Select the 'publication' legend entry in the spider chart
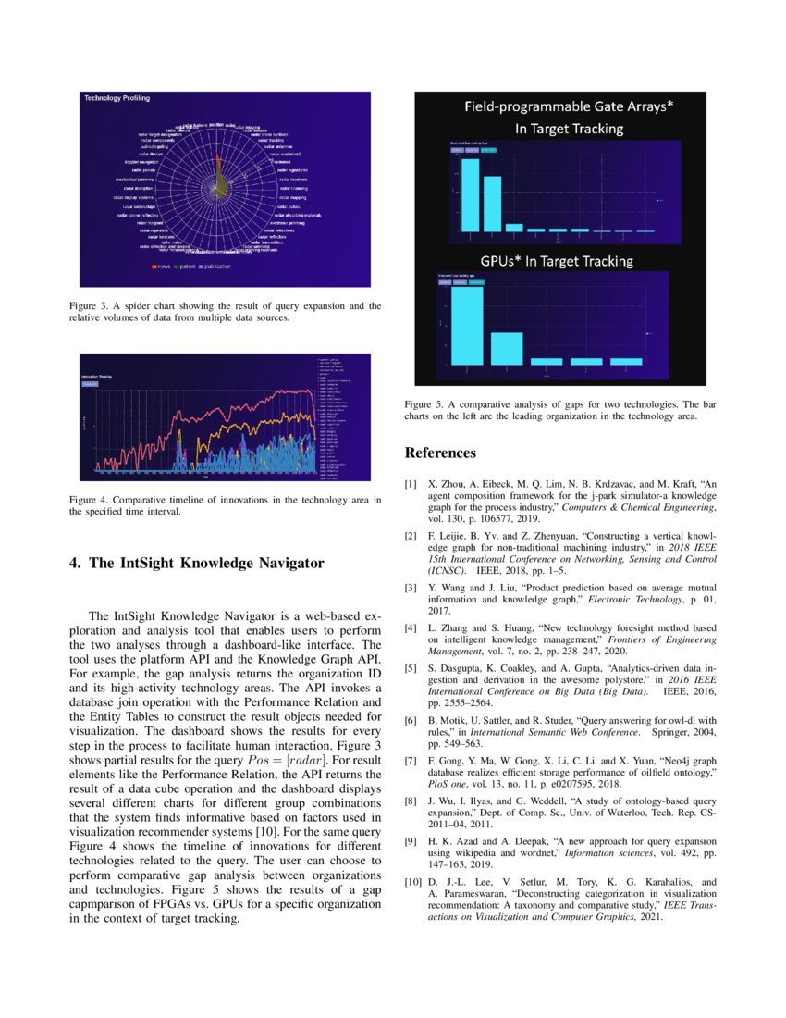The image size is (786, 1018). (x=213, y=267)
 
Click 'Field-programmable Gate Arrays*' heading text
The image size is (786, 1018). (x=568, y=106)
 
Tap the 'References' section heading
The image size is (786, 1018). (x=440, y=453)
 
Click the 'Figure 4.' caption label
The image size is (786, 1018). (x=89, y=500)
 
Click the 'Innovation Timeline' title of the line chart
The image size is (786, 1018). (x=98, y=376)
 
